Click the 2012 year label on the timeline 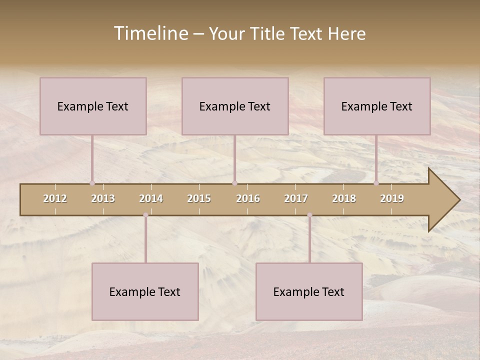coord(55,198)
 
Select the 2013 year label coord(103,198)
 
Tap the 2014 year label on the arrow coord(151,198)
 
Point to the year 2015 coord(199,198)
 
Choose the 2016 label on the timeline coord(248,198)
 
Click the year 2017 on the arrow coord(296,198)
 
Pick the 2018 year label coord(344,198)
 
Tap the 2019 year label coord(392,198)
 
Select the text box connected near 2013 coord(93,106)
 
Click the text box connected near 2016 coord(235,106)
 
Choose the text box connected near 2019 coord(377,106)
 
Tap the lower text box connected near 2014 coord(145,292)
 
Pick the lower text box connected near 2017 coord(309,292)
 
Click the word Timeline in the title coord(149,33)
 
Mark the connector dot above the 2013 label coord(92,183)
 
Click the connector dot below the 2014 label coord(145,215)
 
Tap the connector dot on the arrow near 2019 coord(376,183)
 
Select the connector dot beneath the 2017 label coord(309,215)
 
